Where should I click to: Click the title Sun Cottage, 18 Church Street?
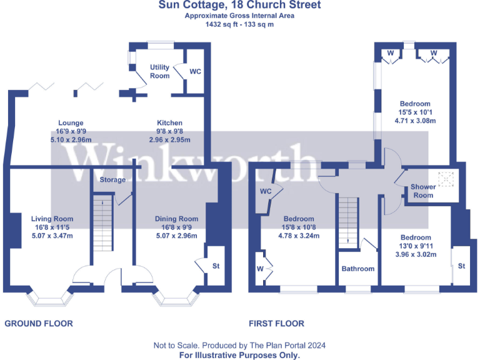pyautogui.click(x=239, y=6)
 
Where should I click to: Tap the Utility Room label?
pyautogui.click(x=159, y=72)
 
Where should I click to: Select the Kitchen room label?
pyautogui.click(x=169, y=123)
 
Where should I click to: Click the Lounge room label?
pyautogui.click(x=71, y=123)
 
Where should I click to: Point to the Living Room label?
pyautogui.click(x=52, y=219)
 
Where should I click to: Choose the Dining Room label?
pyautogui.click(x=176, y=219)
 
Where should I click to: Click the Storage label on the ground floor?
pyautogui.click(x=112, y=180)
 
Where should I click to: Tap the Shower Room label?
pyautogui.click(x=422, y=191)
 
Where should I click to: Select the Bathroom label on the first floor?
pyautogui.click(x=358, y=269)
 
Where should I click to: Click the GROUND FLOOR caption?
pyautogui.click(x=39, y=324)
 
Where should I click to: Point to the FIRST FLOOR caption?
pyautogui.click(x=276, y=324)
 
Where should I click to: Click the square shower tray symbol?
pyautogui.click(x=446, y=179)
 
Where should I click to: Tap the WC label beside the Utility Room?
pyautogui.click(x=195, y=72)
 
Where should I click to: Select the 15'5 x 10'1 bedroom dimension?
pyautogui.click(x=416, y=112)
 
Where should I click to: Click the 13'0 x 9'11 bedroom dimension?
pyautogui.click(x=416, y=246)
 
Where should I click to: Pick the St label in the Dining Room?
pyautogui.click(x=216, y=266)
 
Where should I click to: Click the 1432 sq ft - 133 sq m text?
pyautogui.click(x=239, y=25)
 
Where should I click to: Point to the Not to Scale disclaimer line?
pyautogui.click(x=239, y=346)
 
